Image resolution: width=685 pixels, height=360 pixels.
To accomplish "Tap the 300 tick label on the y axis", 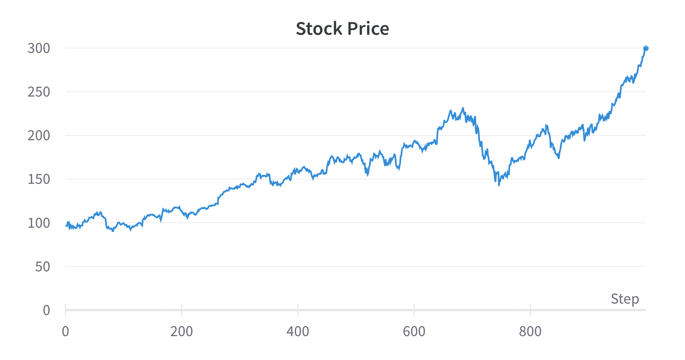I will click(39, 48).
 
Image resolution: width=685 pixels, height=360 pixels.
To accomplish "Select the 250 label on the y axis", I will click(39, 92).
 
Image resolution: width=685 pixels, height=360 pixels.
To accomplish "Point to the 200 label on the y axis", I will click(39, 135).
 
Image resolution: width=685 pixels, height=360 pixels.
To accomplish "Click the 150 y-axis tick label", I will click(39, 179).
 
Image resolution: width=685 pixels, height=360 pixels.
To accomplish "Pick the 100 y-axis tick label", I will click(39, 223).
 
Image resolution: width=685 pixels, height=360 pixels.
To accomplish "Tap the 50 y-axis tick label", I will click(42, 267).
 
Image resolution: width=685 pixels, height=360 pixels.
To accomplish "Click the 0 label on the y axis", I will click(46, 310).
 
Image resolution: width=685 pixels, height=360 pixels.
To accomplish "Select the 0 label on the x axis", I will click(65, 331).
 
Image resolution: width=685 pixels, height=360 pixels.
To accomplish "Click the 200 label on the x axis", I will click(181, 331).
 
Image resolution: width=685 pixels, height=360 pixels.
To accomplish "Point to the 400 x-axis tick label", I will click(298, 331).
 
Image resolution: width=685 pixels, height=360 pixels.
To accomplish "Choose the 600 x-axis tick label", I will click(414, 331).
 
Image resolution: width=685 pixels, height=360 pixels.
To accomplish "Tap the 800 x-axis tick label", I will click(530, 331).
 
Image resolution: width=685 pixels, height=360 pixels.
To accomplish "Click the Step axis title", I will click(624, 299).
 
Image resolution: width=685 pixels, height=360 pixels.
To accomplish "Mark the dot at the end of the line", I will click(646, 48).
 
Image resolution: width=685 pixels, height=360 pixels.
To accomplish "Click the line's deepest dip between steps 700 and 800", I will click(499, 185).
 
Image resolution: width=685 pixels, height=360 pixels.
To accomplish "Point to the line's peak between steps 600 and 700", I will click(463, 108).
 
